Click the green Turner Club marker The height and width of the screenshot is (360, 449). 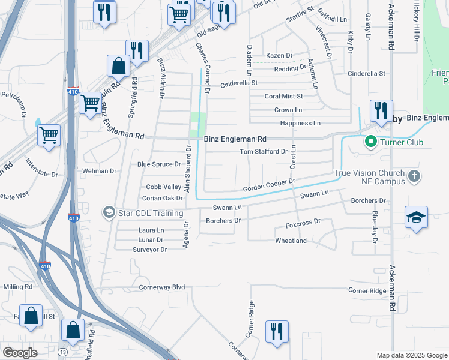(370, 142)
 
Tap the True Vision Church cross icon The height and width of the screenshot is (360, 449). (413, 176)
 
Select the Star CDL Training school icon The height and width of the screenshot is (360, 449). (109, 212)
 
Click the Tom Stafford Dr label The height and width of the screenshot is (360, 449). (264, 152)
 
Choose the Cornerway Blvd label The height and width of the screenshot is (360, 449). (162, 287)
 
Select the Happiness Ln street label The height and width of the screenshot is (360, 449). (300, 123)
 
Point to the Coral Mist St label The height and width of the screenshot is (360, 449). (284, 96)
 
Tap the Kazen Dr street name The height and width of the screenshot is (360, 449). (279, 55)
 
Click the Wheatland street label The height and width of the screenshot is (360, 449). (291, 241)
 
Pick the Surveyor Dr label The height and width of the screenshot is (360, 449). (149, 249)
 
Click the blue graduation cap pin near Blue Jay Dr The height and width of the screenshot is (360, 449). (416, 218)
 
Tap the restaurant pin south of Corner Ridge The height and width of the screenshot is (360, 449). (277, 332)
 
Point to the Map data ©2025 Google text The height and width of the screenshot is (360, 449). (411, 355)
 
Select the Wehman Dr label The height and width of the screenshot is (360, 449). (100, 171)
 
